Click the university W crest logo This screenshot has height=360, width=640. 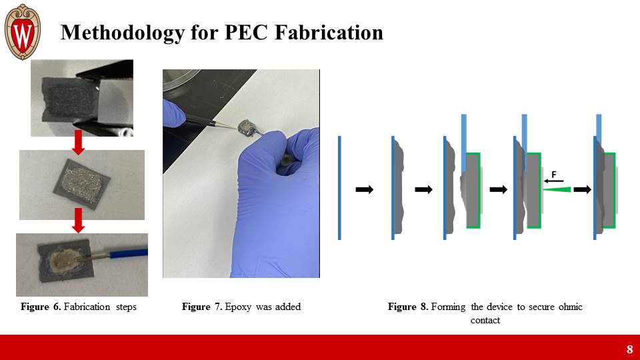pos(23,32)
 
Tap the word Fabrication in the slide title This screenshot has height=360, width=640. pos(329,32)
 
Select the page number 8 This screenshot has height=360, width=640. pos(629,349)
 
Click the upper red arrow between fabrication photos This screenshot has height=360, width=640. pos(78,143)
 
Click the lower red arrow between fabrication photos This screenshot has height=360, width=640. pos(78,221)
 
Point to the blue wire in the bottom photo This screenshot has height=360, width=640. pos(123,254)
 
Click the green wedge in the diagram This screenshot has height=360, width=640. pos(557,189)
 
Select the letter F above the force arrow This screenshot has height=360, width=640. pos(554,175)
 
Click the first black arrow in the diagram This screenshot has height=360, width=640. pos(365,189)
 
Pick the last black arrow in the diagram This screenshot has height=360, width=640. pos(583,189)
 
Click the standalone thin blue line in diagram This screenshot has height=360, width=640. pos(339,188)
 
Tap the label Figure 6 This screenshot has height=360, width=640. pos(41,307)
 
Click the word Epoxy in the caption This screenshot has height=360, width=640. pos(239,307)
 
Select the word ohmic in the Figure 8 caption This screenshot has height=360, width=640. pos(570,307)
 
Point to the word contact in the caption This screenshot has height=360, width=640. pos(485,320)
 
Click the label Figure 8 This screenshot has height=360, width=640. pos(408,307)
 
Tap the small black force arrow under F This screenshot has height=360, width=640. pos(553,181)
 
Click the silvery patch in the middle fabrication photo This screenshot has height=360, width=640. pos(81,184)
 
